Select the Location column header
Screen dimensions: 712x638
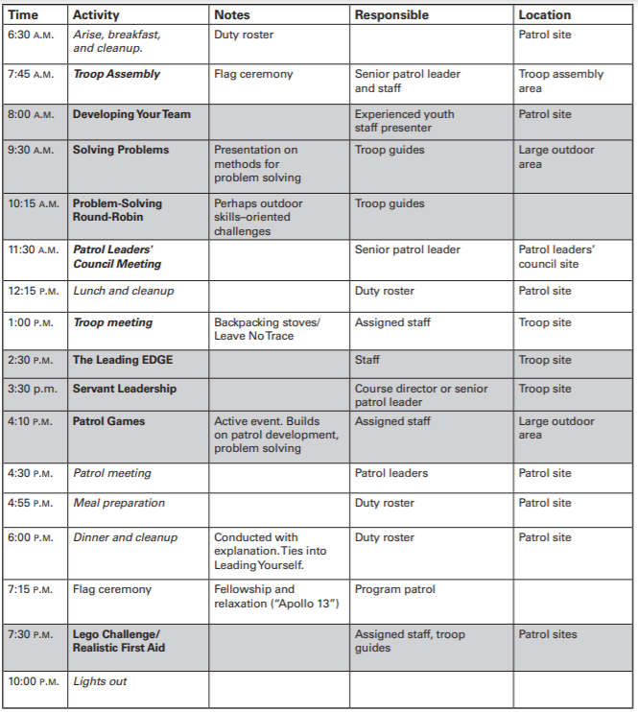[544, 15]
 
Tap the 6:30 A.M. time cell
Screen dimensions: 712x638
[31, 35]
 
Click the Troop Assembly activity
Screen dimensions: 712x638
[116, 74]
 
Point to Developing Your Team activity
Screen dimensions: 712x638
[131, 114]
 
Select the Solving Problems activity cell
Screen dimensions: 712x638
[121, 150]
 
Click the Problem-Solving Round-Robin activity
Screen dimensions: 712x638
[118, 210]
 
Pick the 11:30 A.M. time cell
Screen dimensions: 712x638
[34, 249]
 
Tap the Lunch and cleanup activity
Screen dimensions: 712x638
[124, 291]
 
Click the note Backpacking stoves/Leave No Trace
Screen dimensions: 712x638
[253, 329]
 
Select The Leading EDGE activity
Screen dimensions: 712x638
[123, 360]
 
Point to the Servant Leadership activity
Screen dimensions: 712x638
[125, 389]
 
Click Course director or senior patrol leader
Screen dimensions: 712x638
[421, 395]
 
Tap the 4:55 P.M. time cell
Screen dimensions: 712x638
[31, 503]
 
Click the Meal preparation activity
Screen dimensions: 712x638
[119, 503]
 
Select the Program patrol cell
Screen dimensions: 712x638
[394, 589]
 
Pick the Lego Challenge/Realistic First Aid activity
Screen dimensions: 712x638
[118, 641]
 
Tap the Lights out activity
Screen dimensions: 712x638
[100, 681]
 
